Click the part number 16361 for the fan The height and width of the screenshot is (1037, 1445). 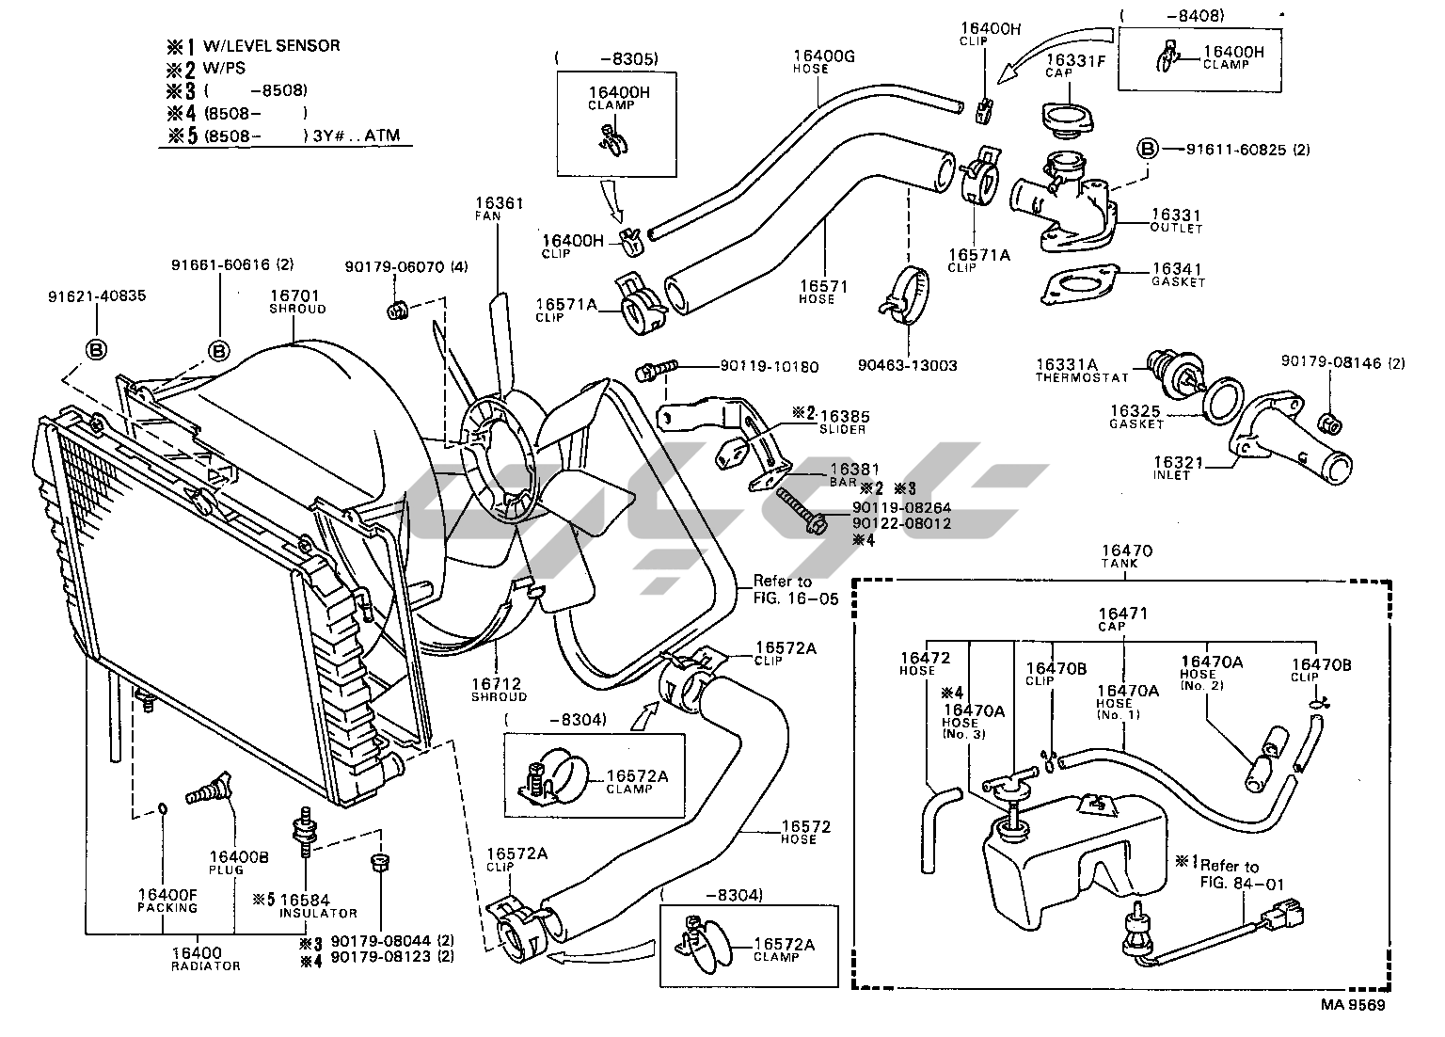[499, 202]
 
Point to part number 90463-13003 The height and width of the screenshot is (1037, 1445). [907, 365]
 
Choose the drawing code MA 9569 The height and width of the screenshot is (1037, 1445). [1353, 1005]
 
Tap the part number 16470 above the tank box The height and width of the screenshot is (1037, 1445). [1122, 550]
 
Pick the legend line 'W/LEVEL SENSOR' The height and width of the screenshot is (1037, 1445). [271, 45]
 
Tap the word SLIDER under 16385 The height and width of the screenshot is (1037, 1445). [842, 429]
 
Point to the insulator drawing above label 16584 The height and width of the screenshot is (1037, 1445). [307, 828]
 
